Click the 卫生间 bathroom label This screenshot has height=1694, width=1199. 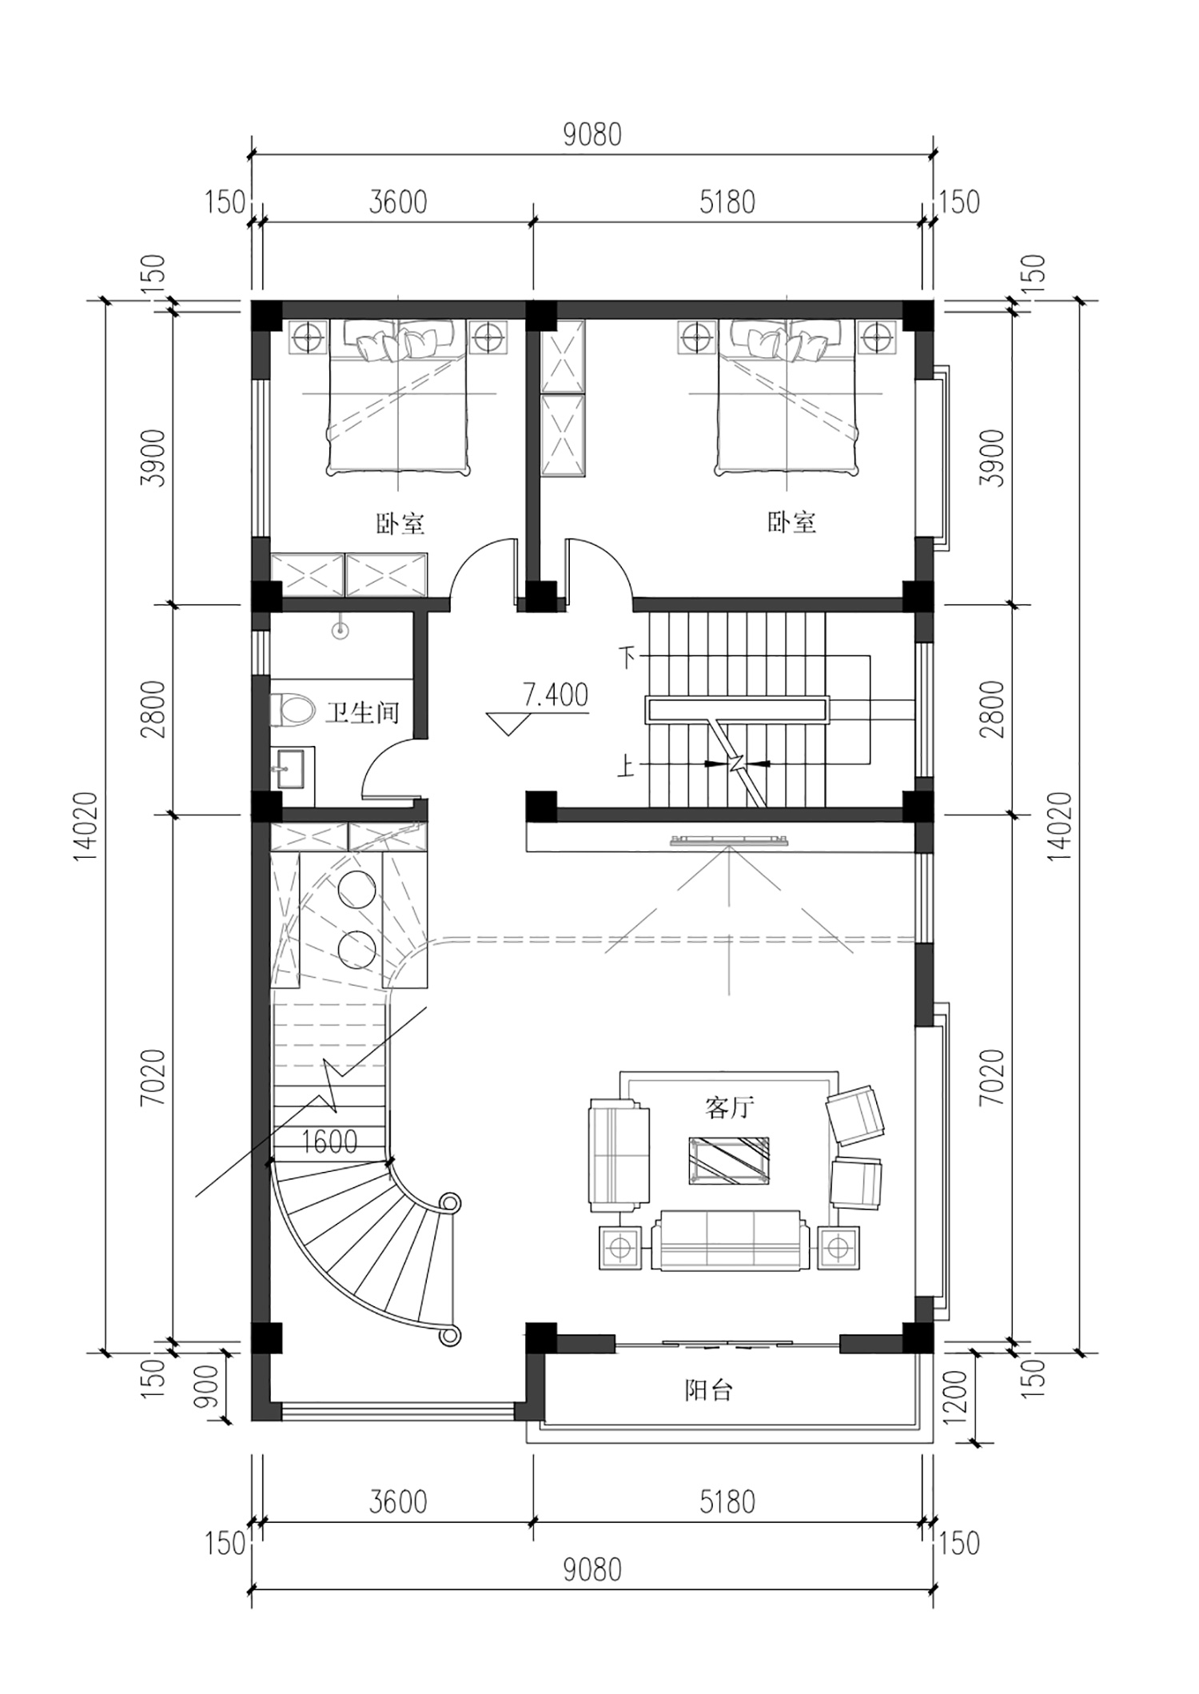[x=362, y=712]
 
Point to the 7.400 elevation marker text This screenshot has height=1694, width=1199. [x=556, y=695]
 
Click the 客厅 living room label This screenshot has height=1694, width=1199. [x=729, y=1107]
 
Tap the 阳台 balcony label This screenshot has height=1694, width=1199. [x=708, y=1390]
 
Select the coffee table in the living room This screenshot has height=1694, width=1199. [x=729, y=1160]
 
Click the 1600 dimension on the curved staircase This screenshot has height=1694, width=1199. [x=329, y=1141]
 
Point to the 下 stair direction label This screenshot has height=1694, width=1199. [x=627, y=658]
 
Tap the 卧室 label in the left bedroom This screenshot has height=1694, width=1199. [x=400, y=524]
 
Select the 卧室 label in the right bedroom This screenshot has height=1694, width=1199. [x=792, y=523]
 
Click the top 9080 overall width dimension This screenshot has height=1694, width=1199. [x=592, y=135]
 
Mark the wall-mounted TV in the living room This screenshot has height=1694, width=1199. [x=730, y=839]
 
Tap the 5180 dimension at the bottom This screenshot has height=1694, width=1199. [x=727, y=1502]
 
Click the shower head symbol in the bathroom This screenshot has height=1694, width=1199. [x=341, y=631]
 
